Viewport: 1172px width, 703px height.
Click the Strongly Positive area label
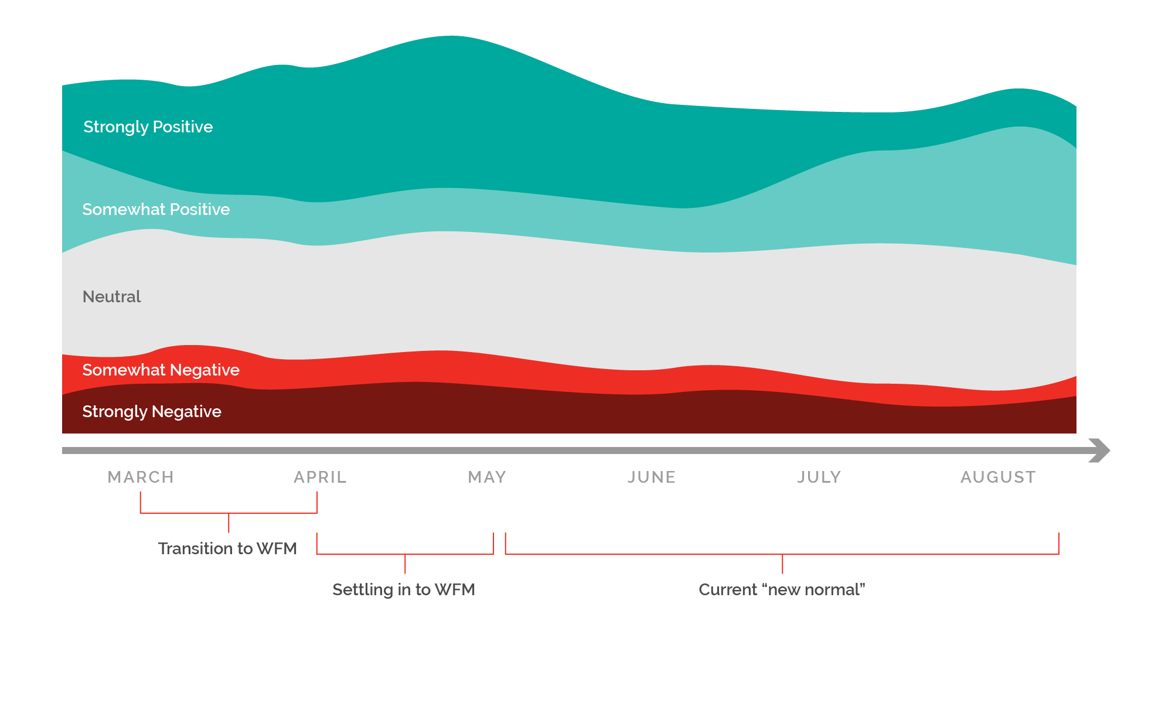(148, 127)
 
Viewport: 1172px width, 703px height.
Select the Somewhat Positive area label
(156, 209)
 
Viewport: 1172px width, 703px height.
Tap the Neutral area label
(111, 296)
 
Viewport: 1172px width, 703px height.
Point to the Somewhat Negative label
(161, 370)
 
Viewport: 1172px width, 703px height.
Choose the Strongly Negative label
(152, 412)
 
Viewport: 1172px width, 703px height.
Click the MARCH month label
(141, 477)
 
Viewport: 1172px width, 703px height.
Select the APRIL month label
(320, 477)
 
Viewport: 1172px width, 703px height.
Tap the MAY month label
(487, 477)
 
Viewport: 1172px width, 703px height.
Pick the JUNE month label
(652, 477)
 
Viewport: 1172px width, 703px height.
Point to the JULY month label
(819, 477)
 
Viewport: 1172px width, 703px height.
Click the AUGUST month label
(998, 477)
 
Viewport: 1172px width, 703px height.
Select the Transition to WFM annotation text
(227, 548)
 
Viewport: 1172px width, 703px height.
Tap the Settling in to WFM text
(404, 589)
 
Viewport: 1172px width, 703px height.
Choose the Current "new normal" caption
(782, 589)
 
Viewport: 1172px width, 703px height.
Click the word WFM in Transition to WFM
(277, 548)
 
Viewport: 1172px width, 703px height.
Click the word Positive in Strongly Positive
(183, 127)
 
